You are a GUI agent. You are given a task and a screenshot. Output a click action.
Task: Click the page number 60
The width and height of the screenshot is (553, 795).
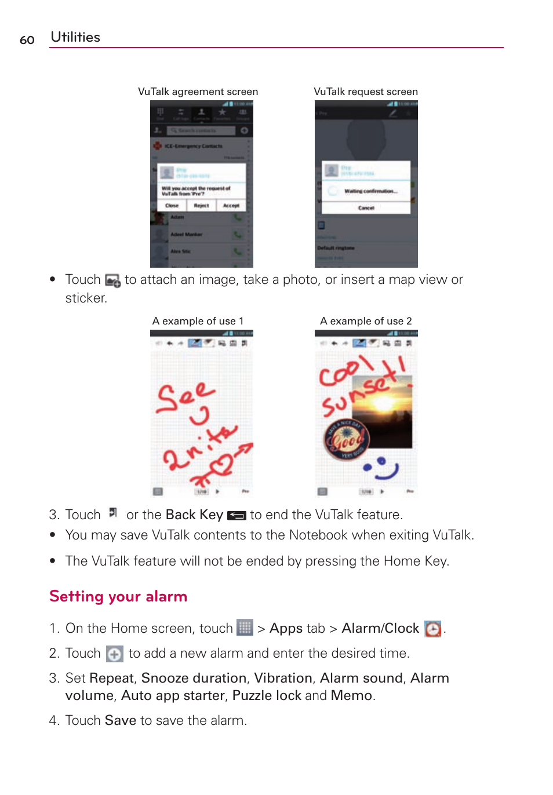click(x=27, y=40)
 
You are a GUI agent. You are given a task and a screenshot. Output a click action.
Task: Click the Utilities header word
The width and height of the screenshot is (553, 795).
click(x=75, y=37)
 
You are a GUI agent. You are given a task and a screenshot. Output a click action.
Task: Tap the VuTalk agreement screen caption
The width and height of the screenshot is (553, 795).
click(x=198, y=92)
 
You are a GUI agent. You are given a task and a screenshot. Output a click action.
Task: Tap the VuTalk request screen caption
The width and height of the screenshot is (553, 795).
click(x=365, y=92)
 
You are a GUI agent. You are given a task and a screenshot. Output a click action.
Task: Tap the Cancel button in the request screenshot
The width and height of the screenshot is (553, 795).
click(x=366, y=207)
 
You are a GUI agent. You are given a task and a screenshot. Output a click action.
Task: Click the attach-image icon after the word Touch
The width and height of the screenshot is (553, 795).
click(x=112, y=281)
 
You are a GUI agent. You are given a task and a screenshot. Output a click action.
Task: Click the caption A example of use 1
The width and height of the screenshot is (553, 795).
click(x=198, y=321)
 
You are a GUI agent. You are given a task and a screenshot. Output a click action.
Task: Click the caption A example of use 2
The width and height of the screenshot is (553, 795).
click(x=365, y=321)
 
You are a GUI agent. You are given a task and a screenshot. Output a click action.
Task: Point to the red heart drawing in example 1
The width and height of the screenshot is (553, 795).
click(x=220, y=464)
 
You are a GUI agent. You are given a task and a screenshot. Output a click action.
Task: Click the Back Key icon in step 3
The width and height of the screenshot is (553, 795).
click(x=237, y=516)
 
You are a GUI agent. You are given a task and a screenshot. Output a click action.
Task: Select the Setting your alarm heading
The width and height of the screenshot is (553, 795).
click(x=118, y=596)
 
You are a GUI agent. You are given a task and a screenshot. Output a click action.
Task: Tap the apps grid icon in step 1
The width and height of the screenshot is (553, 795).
click(x=245, y=628)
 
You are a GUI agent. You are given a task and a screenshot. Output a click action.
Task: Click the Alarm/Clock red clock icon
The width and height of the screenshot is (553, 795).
click(x=432, y=629)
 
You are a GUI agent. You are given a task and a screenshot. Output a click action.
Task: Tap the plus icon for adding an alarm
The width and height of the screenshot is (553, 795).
click(x=115, y=654)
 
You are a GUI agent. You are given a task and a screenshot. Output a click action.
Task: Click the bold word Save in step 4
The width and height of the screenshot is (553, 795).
click(x=121, y=720)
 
